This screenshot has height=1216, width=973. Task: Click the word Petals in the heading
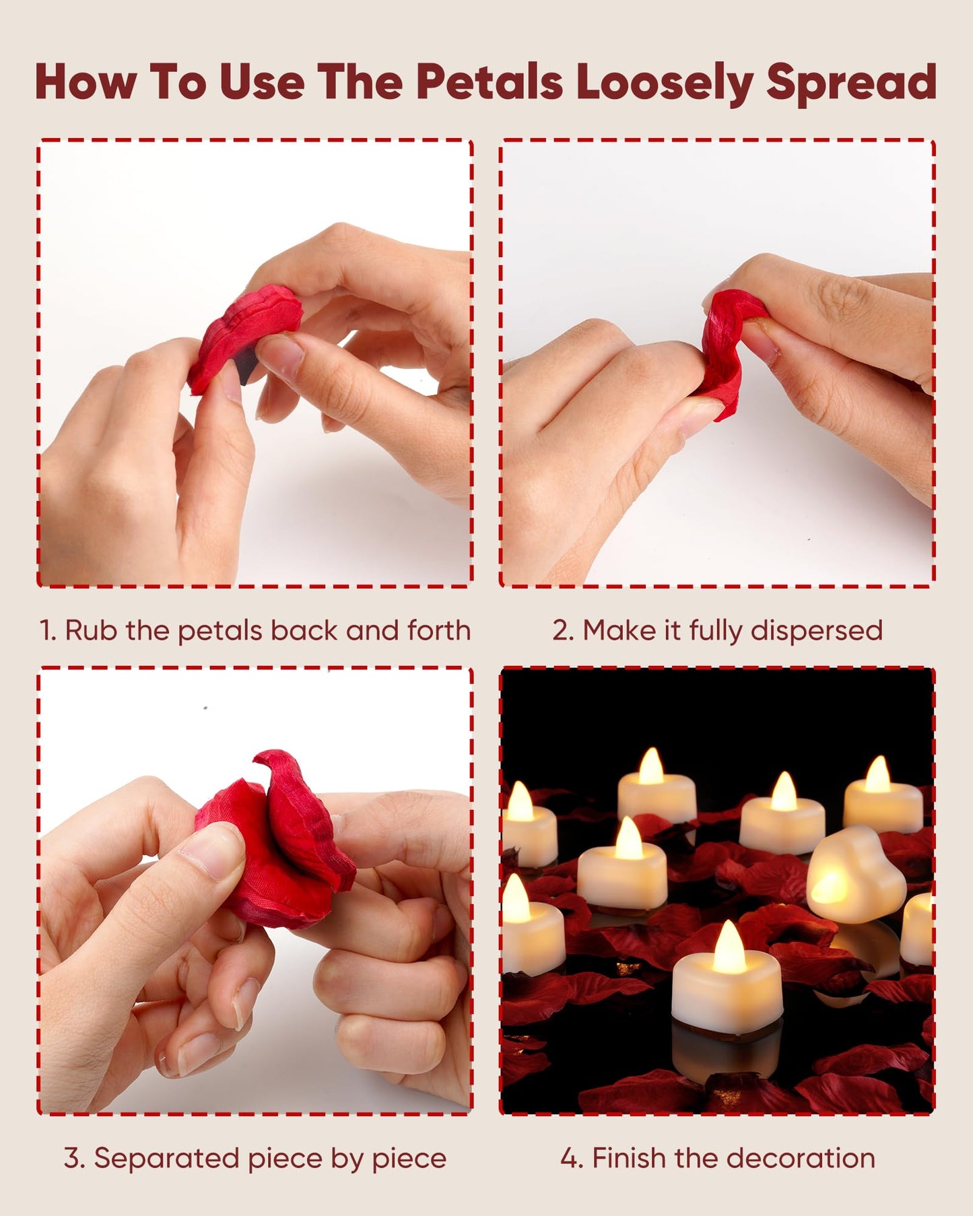(489, 82)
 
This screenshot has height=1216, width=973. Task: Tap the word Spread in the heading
(851, 82)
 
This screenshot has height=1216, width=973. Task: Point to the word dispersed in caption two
(816, 631)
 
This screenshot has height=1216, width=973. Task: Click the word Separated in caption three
(165, 1159)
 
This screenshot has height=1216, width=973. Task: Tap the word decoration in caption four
(801, 1158)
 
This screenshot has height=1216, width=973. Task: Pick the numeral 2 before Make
(561, 631)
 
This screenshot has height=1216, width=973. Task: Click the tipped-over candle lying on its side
(855, 875)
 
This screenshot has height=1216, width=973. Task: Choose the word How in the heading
(86, 82)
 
